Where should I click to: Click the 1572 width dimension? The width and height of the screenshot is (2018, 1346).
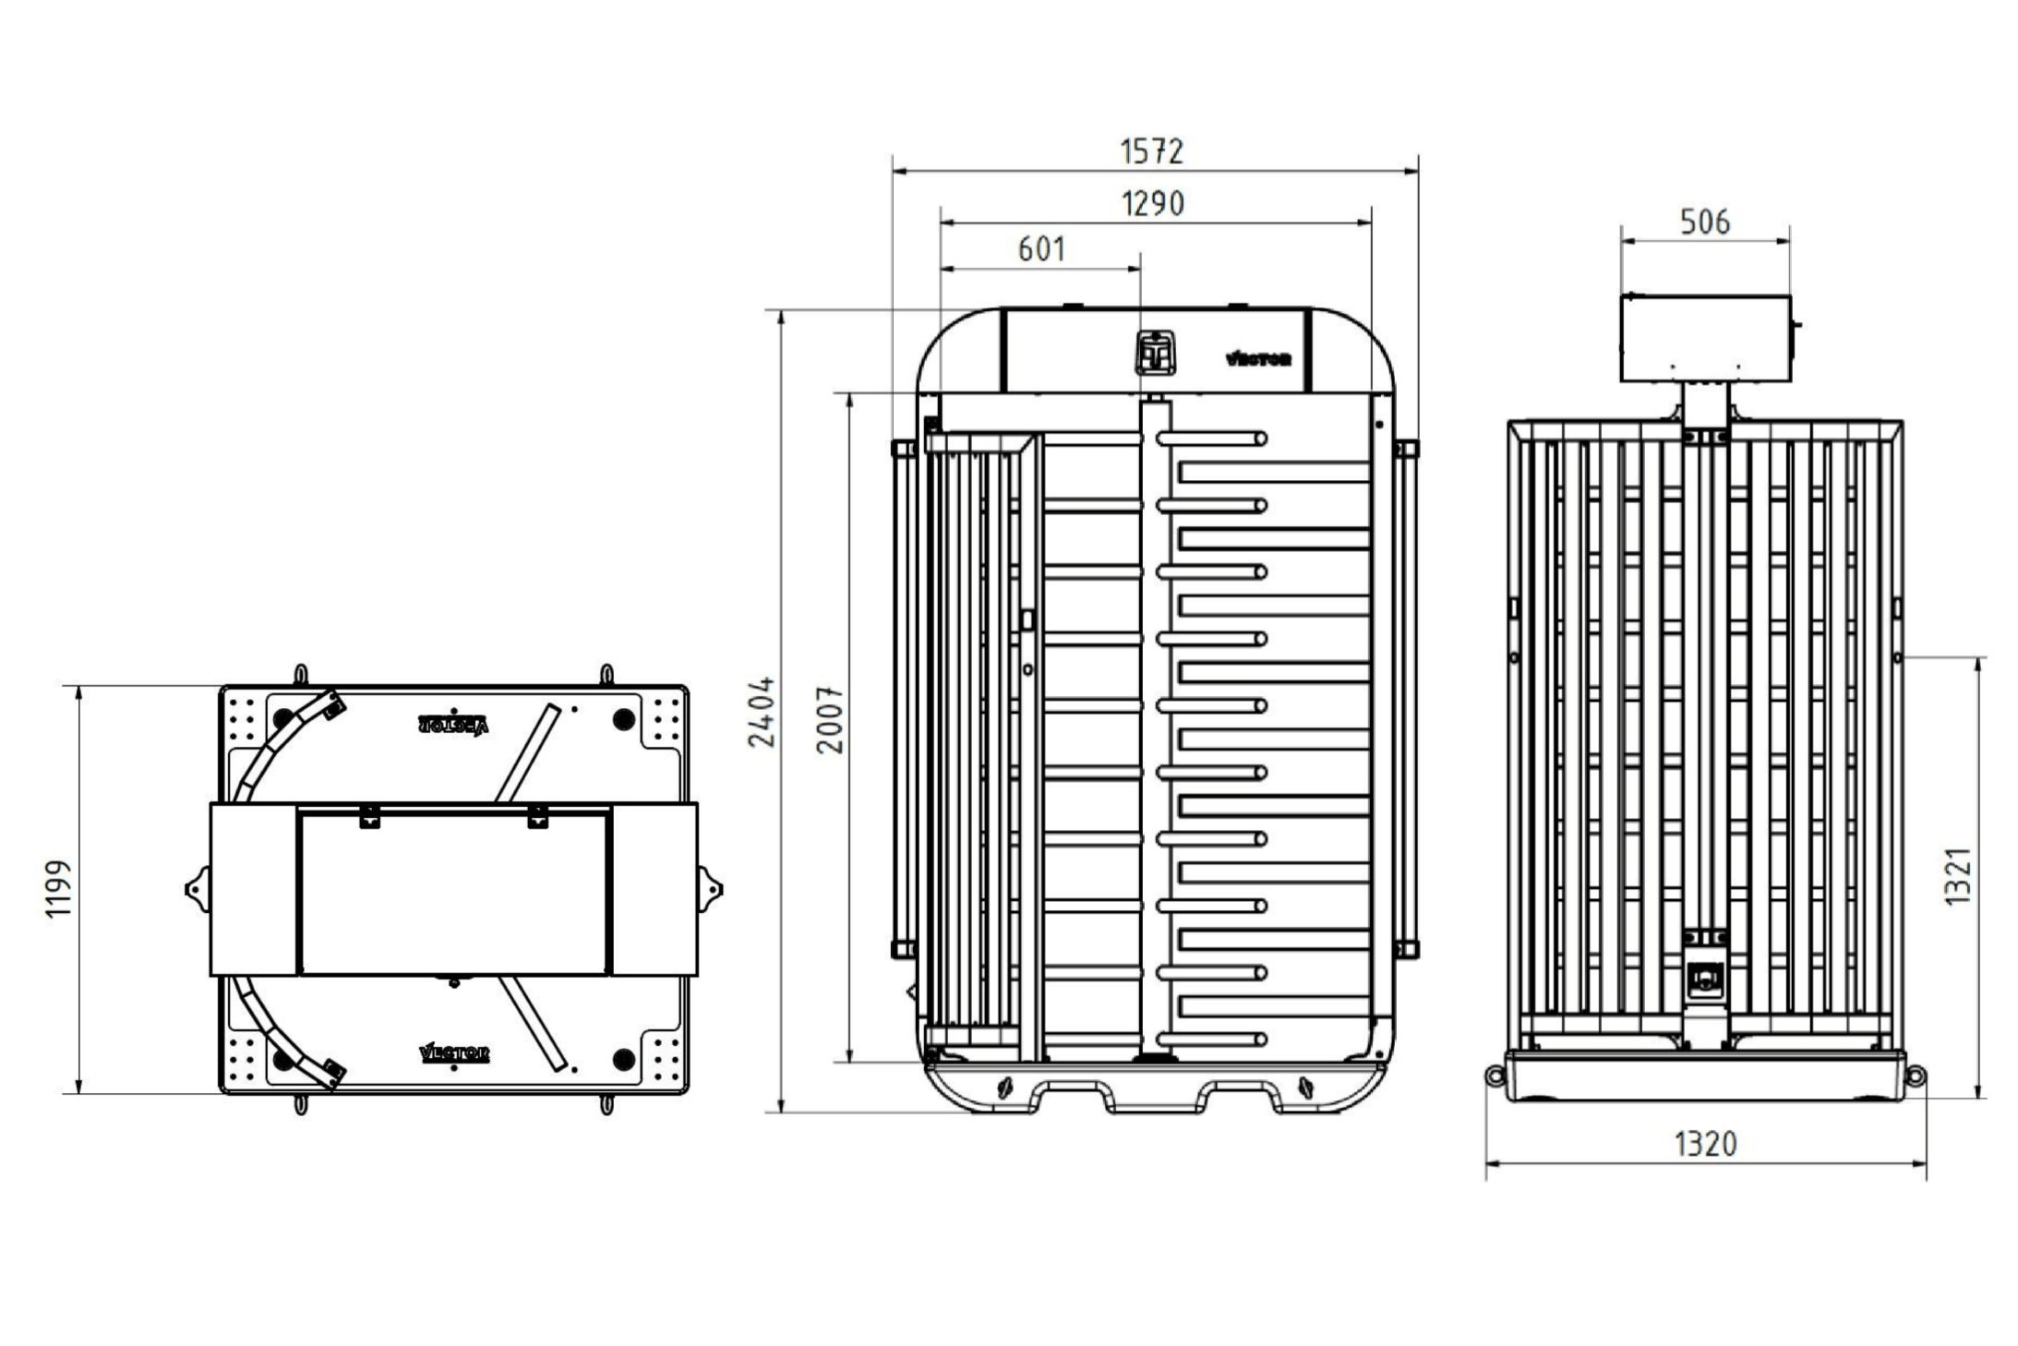pyautogui.click(x=1151, y=150)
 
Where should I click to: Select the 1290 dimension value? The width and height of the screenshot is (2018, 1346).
pyautogui.click(x=1152, y=203)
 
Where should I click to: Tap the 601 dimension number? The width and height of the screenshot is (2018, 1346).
pyautogui.click(x=1041, y=249)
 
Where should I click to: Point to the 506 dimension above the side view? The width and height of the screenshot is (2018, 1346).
pyautogui.click(x=1704, y=222)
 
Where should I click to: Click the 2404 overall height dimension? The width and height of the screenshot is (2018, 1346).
pyautogui.click(x=763, y=712)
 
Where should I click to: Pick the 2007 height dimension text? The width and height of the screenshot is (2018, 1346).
pyautogui.click(x=831, y=720)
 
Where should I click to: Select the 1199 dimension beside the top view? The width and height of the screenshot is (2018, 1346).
pyautogui.click(x=58, y=889)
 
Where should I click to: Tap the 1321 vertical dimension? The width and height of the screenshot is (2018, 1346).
pyautogui.click(x=1957, y=876)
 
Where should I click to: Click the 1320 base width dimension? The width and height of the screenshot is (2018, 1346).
pyautogui.click(x=1705, y=1145)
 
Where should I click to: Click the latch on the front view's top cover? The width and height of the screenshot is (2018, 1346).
pyautogui.click(x=1154, y=352)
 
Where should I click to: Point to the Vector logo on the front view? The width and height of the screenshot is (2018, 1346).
pyautogui.click(x=1257, y=358)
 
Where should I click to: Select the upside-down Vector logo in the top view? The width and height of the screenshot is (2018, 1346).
pyautogui.click(x=453, y=725)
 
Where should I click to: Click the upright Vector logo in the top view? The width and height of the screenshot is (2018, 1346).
pyautogui.click(x=454, y=1052)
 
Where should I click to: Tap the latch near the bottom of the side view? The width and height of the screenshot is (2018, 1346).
pyautogui.click(x=1704, y=978)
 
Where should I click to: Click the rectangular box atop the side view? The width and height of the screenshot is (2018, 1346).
pyautogui.click(x=1706, y=339)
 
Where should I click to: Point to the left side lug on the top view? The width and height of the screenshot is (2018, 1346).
pyautogui.click(x=198, y=890)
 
